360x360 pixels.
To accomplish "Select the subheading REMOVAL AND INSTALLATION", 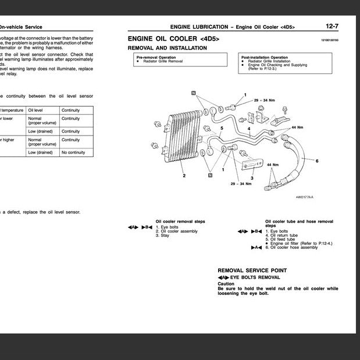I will coord(167,48).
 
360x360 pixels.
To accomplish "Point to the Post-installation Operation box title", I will coord(264,58).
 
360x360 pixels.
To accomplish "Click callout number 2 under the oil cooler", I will coord(184,175).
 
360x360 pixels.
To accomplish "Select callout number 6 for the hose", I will coord(317,160).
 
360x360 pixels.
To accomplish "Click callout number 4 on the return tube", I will coord(248,129).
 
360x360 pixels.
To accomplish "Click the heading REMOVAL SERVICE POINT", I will coord(252,270).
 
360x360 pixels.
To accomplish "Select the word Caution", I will coord(226,284).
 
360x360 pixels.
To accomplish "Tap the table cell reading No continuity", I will coord(74,152).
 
